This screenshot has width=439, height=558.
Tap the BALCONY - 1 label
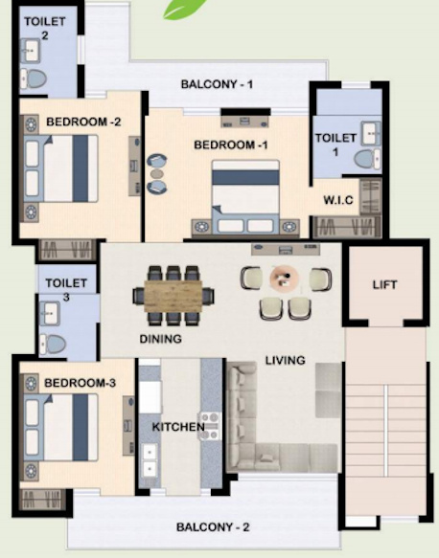click(217, 84)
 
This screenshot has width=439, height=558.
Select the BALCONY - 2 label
click(213, 527)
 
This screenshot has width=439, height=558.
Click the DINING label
click(160, 338)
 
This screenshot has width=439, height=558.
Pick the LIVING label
click(285, 360)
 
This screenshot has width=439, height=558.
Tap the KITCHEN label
click(178, 426)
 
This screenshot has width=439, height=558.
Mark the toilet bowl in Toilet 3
click(54, 343)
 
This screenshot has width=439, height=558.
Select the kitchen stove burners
click(208, 426)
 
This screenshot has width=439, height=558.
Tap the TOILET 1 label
click(335, 145)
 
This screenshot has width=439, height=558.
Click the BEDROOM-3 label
click(81, 383)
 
